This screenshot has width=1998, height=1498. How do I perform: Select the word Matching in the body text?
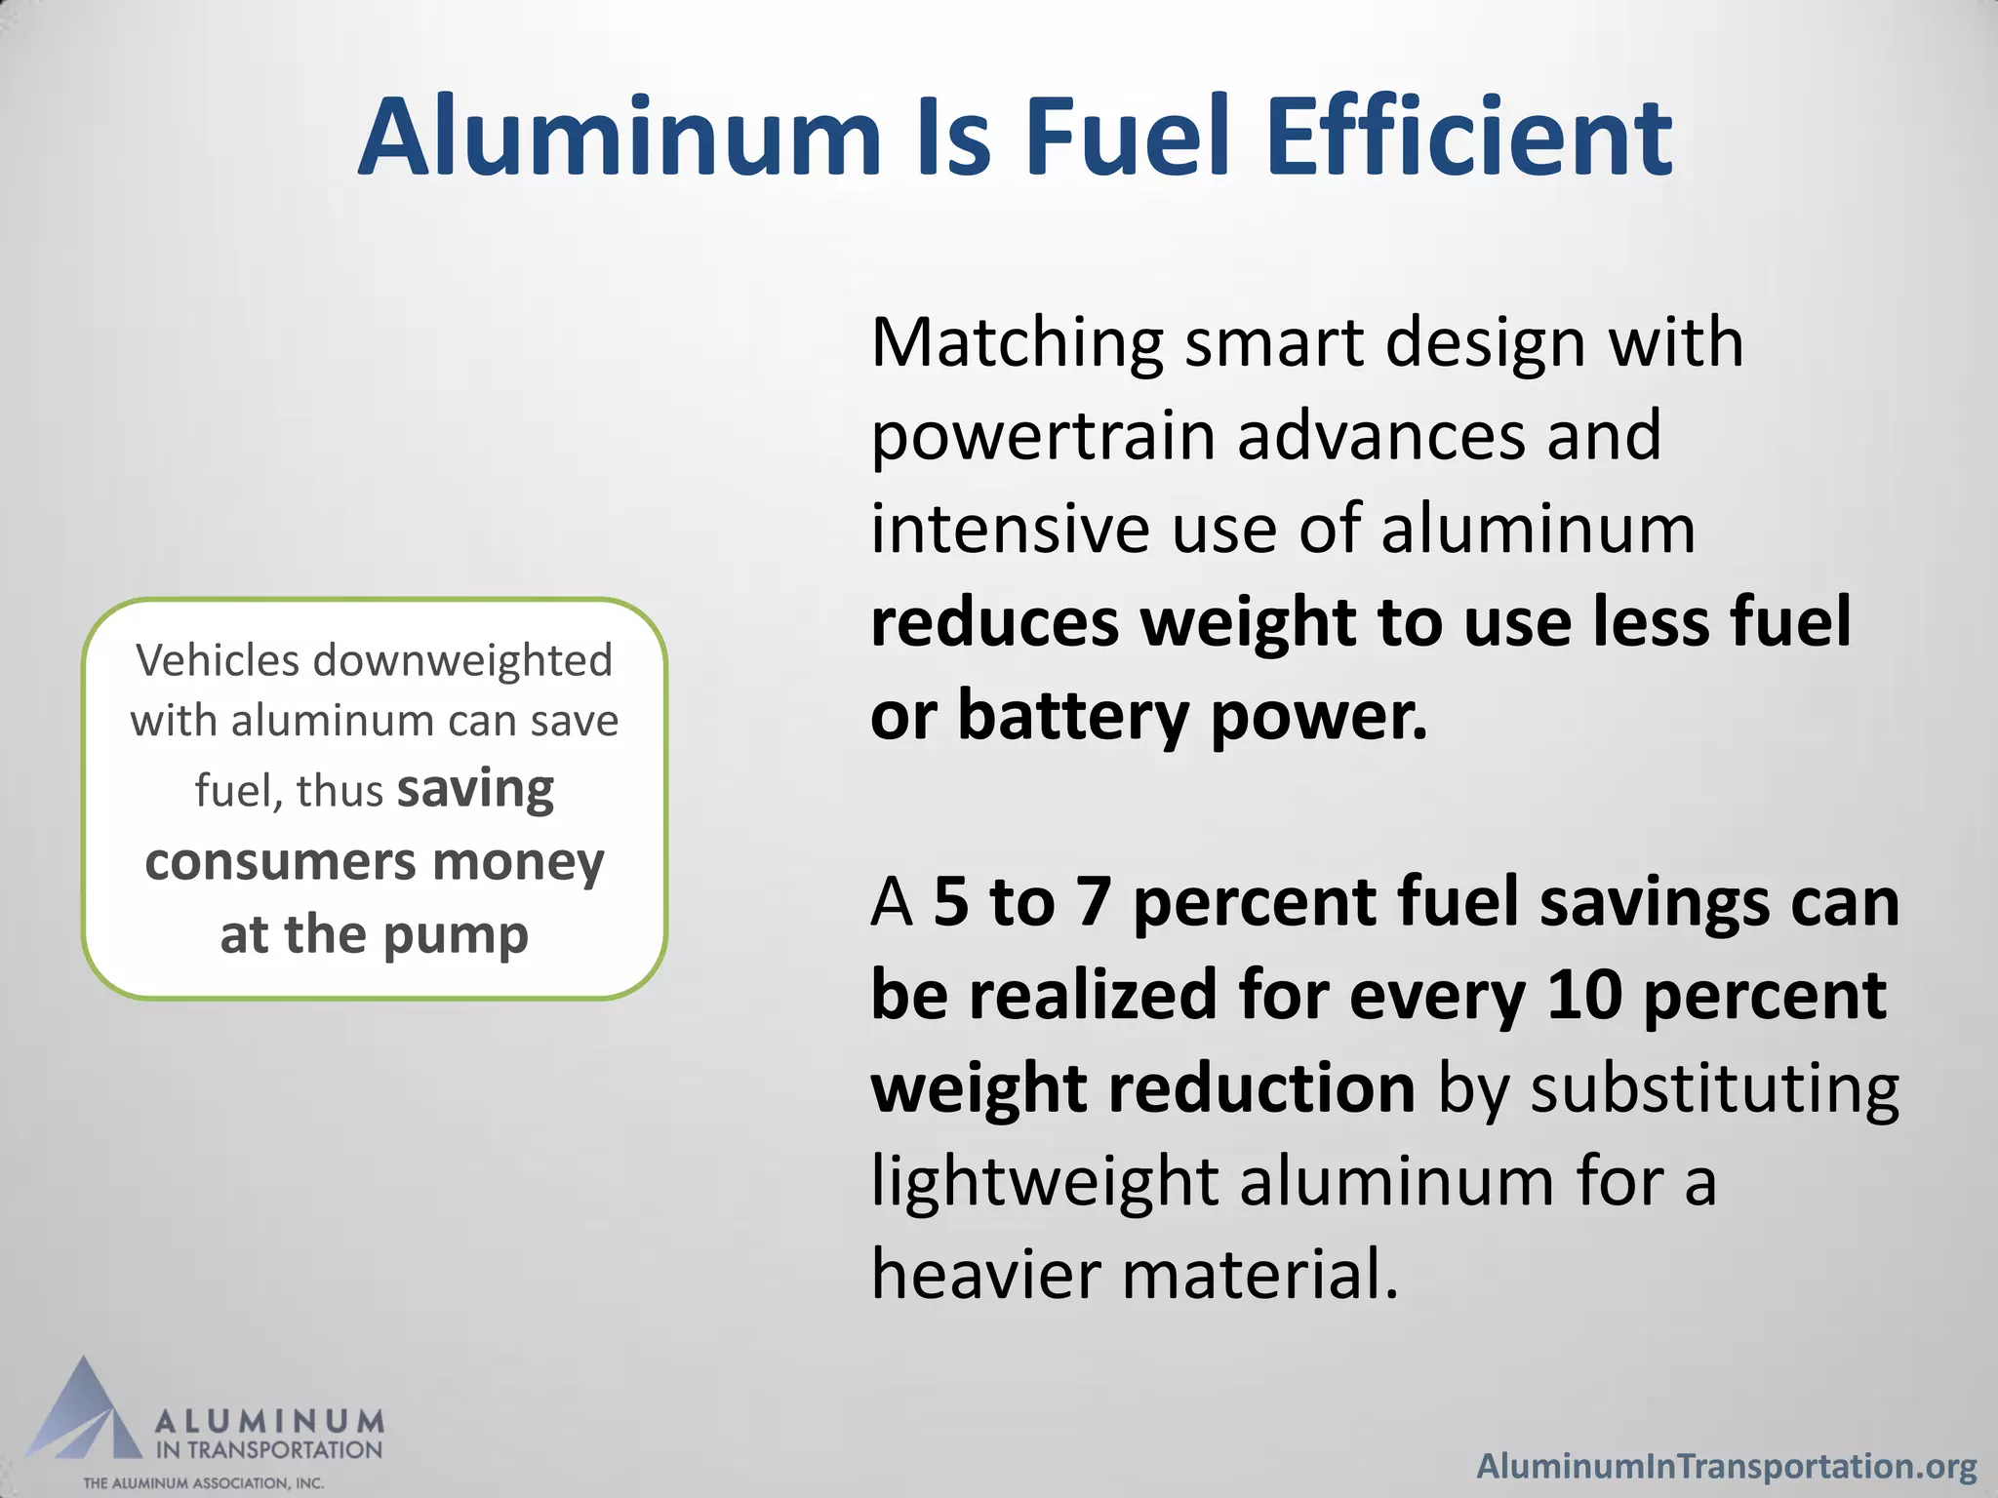click(x=1018, y=345)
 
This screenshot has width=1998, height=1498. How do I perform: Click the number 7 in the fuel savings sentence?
click(x=1094, y=902)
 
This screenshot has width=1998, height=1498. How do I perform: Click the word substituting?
click(x=1714, y=1088)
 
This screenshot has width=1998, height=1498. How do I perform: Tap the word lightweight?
click(x=1045, y=1182)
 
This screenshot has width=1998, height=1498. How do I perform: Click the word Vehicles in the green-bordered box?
click(x=218, y=660)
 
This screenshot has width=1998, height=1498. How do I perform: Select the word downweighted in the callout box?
click(x=462, y=660)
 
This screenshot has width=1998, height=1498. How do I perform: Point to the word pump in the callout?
click(x=456, y=936)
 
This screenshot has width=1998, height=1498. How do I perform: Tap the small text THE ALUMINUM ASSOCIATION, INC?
click(x=203, y=1483)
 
